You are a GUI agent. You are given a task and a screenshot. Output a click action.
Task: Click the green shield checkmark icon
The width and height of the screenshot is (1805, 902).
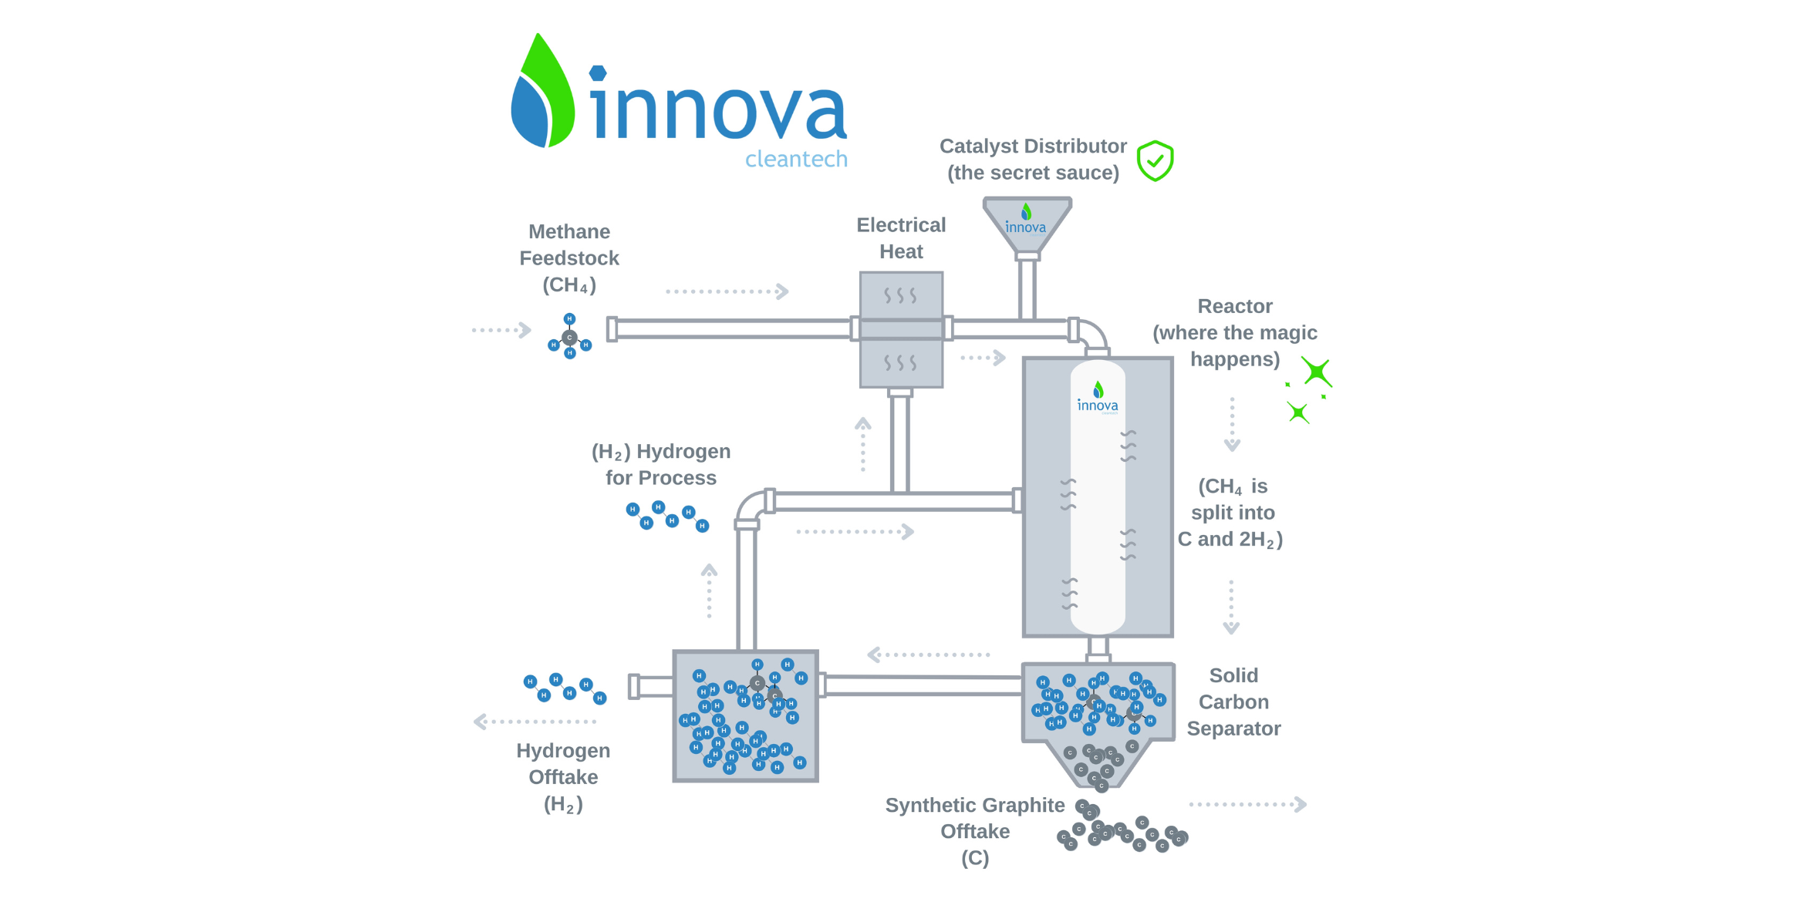coord(1155,161)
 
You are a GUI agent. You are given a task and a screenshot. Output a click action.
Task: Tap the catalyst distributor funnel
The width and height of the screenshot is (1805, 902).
coord(1027,223)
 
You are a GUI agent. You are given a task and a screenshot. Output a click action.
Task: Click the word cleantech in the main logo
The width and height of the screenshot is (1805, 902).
coord(796,159)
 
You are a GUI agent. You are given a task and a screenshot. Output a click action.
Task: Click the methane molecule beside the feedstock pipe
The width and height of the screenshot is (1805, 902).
coord(569,338)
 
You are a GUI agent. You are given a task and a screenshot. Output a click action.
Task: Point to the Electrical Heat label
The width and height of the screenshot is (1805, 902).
coord(901,238)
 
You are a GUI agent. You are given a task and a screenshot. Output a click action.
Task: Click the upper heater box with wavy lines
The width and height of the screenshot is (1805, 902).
coord(901,294)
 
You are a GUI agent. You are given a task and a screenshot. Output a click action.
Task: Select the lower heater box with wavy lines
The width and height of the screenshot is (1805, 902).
coord(901,363)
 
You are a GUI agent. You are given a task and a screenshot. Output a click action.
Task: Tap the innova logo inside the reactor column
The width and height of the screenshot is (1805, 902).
coord(1098,398)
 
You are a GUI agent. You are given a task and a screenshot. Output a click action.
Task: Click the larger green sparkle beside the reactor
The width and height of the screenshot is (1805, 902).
coord(1317,372)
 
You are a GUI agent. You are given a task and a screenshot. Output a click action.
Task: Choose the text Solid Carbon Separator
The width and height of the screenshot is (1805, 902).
coord(1233,702)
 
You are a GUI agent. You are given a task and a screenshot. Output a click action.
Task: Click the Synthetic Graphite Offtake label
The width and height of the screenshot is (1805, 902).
coord(975,831)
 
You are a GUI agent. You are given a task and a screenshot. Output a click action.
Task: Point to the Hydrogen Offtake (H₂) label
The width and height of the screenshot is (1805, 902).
coord(563,777)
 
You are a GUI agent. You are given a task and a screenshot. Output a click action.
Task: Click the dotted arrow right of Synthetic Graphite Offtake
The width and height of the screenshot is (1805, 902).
coord(1247,805)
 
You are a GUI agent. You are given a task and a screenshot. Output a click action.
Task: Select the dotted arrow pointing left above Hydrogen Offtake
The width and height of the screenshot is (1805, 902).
coord(535,722)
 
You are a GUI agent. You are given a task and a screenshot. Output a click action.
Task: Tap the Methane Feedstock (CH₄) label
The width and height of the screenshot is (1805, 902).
coord(569,258)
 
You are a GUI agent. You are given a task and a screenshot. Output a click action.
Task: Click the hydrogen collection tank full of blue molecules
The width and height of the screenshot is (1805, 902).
coord(745,716)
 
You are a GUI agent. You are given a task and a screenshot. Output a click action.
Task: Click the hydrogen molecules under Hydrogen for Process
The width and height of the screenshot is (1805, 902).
coord(667,517)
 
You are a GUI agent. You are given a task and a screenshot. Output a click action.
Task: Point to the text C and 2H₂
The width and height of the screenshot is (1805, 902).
coord(1230,540)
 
